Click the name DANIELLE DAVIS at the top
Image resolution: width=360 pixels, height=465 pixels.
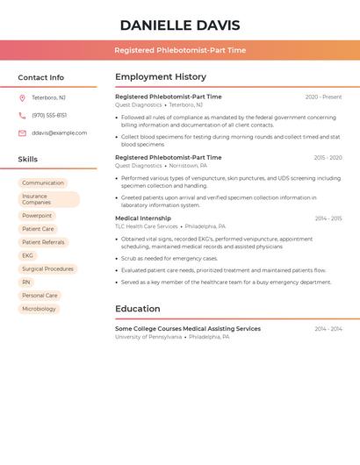tap(180, 25)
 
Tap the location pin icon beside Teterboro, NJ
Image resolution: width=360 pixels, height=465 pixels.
tap(22, 97)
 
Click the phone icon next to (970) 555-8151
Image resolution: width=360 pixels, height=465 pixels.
tap(22, 115)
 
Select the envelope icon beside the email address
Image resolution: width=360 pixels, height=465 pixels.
tap(22, 133)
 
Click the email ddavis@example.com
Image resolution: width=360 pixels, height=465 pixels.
tap(60, 133)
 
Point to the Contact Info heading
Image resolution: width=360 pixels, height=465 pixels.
tap(41, 77)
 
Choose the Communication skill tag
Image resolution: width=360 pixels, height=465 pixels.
tap(43, 183)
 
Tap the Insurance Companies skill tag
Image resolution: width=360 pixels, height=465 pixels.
tap(48, 199)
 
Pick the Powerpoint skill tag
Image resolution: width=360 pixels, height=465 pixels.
tap(37, 216)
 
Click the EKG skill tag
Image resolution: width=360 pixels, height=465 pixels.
tap(28, 255)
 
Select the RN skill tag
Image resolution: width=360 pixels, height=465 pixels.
tap(26, 282)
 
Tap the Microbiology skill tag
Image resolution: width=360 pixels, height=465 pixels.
tap(39, 309)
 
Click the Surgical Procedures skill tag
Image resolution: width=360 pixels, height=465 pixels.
tap(47, 268)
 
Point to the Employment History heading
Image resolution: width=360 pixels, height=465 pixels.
tap(161, 77)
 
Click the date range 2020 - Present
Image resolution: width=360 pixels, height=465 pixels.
tap(323, 97)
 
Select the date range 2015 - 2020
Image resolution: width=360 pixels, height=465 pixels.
tap(328, 158)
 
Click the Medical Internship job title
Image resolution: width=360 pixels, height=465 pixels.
tap(143, 218)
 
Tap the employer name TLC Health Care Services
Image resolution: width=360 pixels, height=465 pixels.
tap(147, 226)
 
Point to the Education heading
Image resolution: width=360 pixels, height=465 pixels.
tap(138, 309)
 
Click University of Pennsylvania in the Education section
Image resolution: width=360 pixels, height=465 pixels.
tap(148, 337)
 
